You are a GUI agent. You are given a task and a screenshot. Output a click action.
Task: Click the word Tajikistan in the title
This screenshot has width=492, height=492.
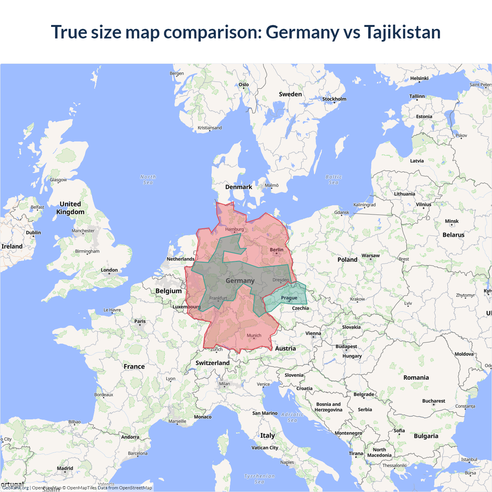(x=402, y=32)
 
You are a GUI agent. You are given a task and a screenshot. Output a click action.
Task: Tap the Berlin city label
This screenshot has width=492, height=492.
(x=276, y=250)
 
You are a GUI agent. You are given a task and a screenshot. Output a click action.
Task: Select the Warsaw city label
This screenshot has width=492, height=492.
(x=370, y=256)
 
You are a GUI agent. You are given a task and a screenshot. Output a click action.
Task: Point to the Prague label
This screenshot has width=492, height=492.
(x=289, y=298)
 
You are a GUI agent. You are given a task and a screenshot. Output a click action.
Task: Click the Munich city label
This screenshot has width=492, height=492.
(x=254, y=336)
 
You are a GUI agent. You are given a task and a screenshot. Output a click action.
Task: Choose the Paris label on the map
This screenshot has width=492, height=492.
(x=140, y=321)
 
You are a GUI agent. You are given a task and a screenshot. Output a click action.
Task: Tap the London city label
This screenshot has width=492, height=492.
(x=109, y=270)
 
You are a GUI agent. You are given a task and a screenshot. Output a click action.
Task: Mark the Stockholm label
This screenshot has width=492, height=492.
(x=334, y=99)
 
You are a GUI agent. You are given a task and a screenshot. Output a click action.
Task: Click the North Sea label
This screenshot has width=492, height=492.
(x=148, y=180)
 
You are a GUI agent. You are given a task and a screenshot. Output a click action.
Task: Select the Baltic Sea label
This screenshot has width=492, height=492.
(x=334, y=180)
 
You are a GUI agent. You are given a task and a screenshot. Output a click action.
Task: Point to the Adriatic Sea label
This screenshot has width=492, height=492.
(x=292, y=417)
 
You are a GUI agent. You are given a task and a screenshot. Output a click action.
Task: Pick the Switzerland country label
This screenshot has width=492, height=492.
(x=213, y=363)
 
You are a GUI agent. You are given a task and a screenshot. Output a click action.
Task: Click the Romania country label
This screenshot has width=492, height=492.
(x=416, y=377)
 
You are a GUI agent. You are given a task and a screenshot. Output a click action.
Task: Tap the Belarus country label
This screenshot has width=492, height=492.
(x=453, y=235)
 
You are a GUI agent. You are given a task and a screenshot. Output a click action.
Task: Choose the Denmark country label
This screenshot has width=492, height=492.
(x=239, y=187)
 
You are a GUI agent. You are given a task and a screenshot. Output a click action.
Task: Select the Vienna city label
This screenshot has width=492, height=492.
(x=313, y=334)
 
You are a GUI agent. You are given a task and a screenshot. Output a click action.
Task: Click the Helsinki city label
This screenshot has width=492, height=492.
(x=419, y=78)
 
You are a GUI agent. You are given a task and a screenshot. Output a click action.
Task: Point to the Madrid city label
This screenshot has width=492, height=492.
(x=65, y=469)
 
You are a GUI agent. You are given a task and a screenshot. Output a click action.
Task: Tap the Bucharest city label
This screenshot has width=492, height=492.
(x=434, y=401)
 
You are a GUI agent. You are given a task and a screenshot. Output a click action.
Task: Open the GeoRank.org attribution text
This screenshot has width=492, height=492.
(x=15, y=488)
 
